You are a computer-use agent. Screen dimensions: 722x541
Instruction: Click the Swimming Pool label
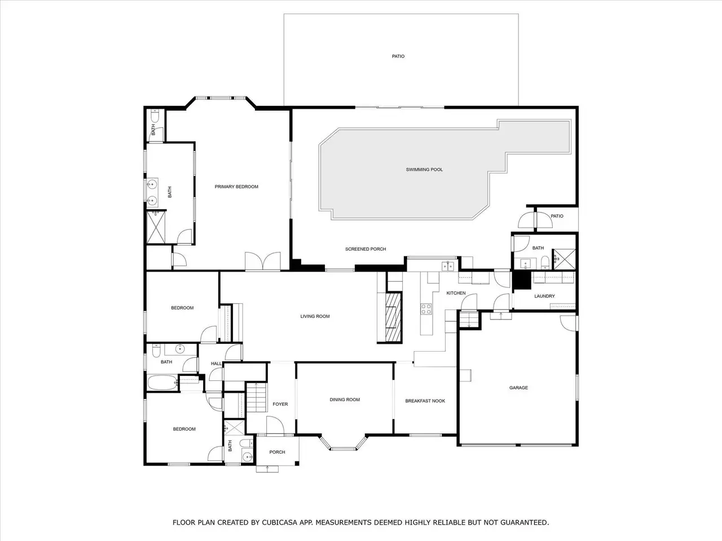[424, 170]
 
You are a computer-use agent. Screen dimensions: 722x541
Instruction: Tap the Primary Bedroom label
[236, 187]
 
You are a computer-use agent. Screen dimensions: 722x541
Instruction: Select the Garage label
[518, 388]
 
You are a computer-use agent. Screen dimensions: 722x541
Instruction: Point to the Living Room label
[315, 316]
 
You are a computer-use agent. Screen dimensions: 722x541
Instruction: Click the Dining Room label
[345, 400]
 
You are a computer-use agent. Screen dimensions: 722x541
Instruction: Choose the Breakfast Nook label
[425, 401]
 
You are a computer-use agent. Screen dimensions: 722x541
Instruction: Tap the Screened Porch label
[366, 249]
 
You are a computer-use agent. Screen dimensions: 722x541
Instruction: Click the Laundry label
[544, 296]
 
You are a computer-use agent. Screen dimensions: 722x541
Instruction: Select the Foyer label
[280, 404]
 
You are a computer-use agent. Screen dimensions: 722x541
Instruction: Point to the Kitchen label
[456, 293]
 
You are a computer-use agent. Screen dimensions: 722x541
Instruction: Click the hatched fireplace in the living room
[393, 317]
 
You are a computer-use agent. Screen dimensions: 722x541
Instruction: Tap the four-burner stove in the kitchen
[426, 309]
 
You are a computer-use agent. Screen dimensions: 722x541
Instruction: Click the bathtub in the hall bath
[162, 383]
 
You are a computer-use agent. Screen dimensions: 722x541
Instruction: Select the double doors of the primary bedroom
[262, 261]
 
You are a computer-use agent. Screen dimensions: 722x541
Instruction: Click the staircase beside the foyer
[257, 398]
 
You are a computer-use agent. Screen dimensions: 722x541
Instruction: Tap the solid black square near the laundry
[522, 280]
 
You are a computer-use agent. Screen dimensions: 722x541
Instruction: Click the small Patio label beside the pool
[557, 216]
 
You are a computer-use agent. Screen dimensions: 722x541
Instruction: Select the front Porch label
[277, 452]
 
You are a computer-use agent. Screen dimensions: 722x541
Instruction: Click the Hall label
[216, 363]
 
